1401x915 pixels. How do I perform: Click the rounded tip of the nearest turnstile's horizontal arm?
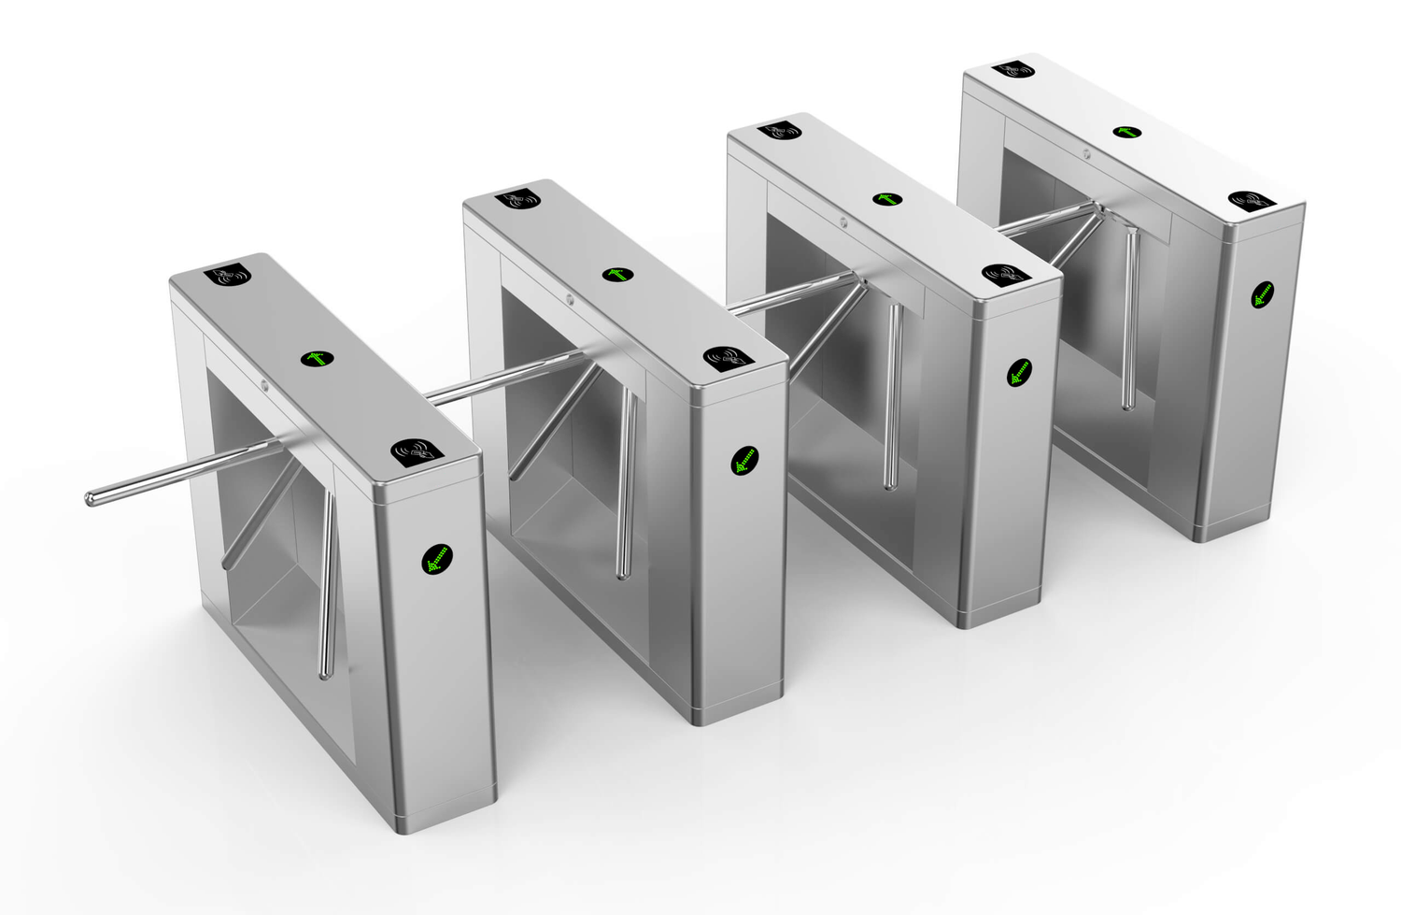pyautogui.click(x=92, y=499)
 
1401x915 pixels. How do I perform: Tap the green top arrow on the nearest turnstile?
pyautogui.click(x=317, y=359)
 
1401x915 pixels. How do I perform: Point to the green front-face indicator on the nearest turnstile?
pyautogui.click(x=436, y=558)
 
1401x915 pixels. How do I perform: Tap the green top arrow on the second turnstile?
pyautogui.click(x=617, y=274)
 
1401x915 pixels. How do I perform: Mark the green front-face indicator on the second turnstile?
pyautogui.click(x=744, y=460)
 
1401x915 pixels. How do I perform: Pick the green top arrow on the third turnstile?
pyautogui.click(x=885, y=199)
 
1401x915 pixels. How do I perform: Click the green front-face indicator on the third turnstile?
pyautogui.click(x=1019, y=374)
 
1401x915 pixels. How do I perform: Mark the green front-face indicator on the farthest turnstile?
pyautogui.click(x=1264, y=295)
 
